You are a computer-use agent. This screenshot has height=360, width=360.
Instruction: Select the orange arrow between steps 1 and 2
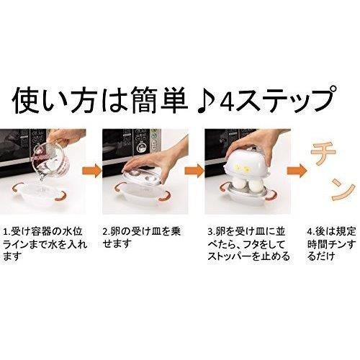click(92, 171)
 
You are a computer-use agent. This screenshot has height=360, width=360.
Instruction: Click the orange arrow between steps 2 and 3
click(194, 171)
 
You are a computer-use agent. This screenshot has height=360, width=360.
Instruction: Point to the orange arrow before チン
click(297, 171)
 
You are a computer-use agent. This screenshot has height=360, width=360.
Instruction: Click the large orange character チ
click(323, 153)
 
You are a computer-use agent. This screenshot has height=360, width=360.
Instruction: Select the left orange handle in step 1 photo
click(17, 189)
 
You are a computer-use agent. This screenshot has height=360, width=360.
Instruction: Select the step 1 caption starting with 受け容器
click(45, 244)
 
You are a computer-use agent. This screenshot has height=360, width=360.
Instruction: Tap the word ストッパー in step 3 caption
click(230, 257)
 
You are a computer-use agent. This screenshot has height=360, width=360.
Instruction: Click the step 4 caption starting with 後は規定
click(332, 244)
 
